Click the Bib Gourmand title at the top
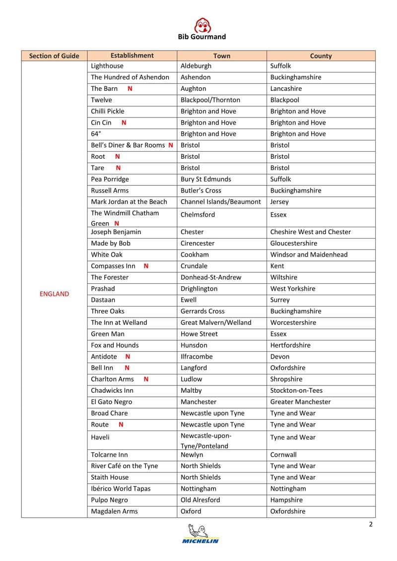pos(201,37)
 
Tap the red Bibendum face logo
pos(202,25)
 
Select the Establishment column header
pos(132,56)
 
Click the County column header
pos(321,56)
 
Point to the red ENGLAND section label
pos(54,294)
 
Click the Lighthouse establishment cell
pos(107,66)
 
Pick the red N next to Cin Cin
pos(124,123)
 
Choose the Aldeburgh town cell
pos(196,66)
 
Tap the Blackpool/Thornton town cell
pos(210,100)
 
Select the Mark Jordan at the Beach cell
pos(129,202)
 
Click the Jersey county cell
pos(279,202)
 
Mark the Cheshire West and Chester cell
pos(311,232)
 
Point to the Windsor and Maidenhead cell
pos(309,254)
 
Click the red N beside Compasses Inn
pos(146,266)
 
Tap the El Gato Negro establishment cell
pos(112,402)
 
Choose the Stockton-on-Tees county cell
pos(296,390)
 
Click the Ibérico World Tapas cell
pos(121,489)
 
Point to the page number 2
pos(371,525)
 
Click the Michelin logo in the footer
pos(200,534)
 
